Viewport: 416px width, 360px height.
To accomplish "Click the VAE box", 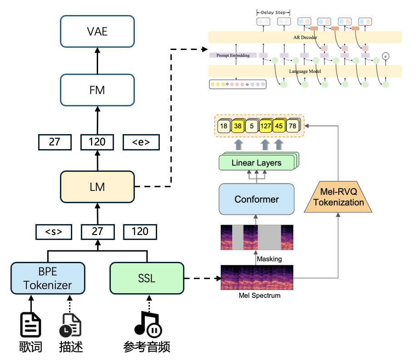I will point(97,32).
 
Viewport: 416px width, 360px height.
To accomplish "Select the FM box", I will point(97,90).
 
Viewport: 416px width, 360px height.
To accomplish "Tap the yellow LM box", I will point(97,187).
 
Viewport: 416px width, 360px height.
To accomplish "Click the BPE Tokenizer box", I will point(48,278).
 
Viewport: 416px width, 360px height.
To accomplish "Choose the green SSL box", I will point(147,278).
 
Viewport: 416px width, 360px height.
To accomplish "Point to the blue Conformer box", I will point(257,199).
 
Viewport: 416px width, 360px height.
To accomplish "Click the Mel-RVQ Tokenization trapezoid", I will point(339,197).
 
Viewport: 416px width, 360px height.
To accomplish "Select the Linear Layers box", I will point(257,163).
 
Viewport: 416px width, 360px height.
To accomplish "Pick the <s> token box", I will point(54,231).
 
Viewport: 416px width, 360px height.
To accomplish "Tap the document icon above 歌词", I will point(31,324).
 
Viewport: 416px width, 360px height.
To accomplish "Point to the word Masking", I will point(269,259).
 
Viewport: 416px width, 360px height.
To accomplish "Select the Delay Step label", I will point(273,13).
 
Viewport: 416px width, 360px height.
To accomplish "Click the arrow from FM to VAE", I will point(97,60).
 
